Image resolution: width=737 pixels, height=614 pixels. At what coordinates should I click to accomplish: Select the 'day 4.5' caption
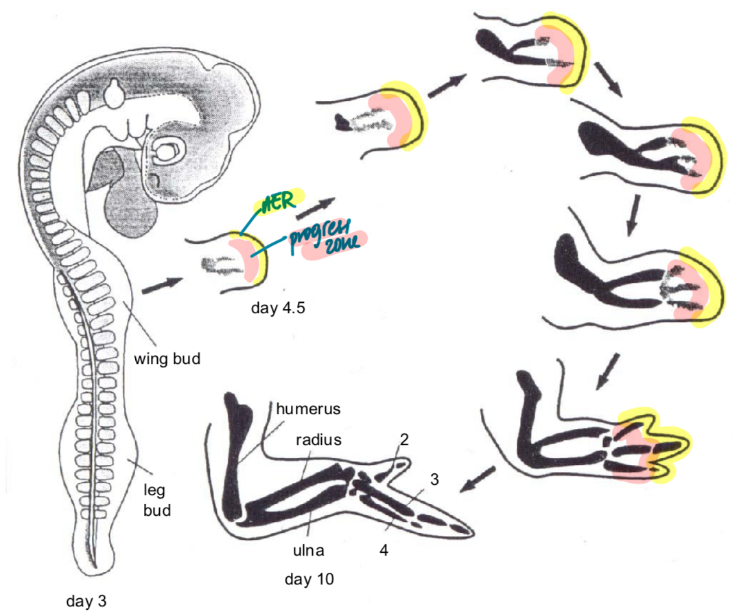coord(277,307)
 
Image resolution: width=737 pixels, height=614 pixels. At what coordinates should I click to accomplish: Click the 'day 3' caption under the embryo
coord(86,602)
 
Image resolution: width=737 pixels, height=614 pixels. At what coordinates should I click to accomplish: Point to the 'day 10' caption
coord(309,579)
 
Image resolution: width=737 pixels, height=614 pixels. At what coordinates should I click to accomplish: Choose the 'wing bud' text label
coord(167,359)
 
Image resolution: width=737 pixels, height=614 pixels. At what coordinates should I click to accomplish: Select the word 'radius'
coord(318,440)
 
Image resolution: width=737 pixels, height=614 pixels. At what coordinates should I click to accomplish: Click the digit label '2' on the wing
coord(404,440)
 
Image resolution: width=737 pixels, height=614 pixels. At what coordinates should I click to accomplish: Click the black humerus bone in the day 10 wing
coord(236,453)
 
